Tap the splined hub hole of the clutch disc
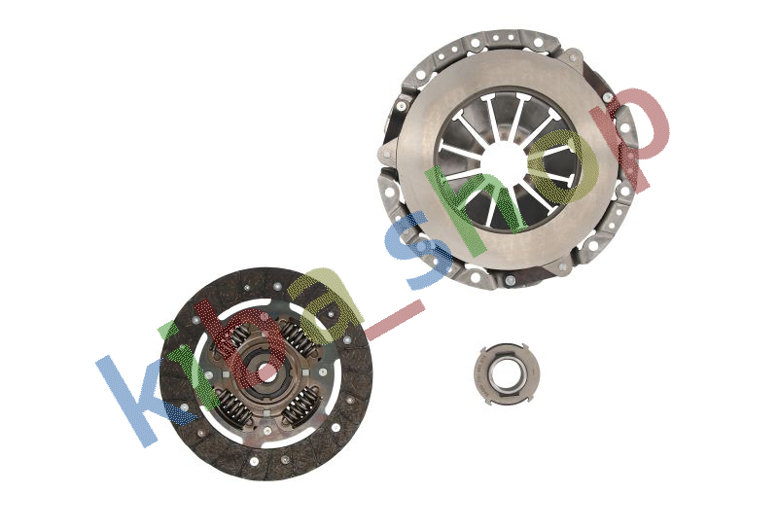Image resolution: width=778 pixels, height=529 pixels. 265,371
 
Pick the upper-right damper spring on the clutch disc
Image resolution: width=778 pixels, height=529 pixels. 298,339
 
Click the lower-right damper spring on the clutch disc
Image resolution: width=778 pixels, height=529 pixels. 300,402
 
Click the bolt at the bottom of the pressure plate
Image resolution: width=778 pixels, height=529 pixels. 510,280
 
